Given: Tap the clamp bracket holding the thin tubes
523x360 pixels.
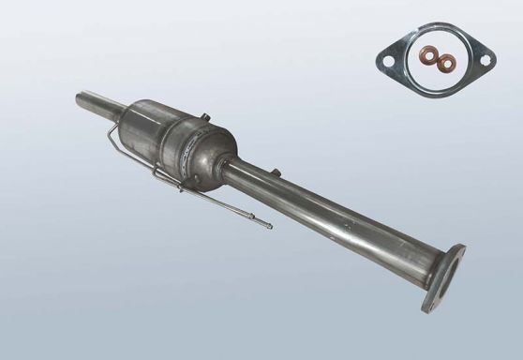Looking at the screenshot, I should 180,185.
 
